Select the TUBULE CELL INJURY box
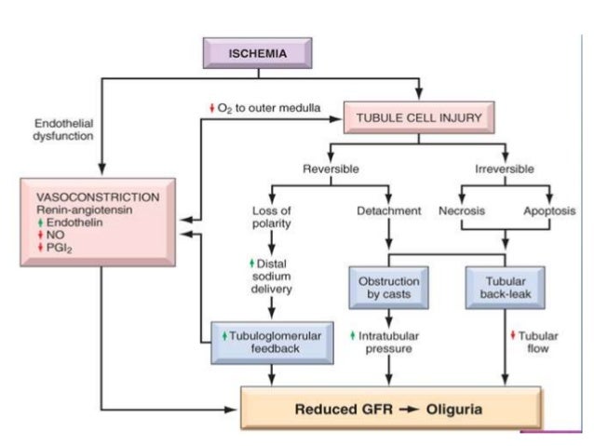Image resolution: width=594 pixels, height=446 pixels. click(420, 118)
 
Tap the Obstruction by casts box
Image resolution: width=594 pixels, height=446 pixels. click(388, 288)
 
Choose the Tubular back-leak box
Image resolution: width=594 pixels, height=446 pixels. click(505, 288)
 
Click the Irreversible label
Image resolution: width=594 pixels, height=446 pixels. click(505, 169)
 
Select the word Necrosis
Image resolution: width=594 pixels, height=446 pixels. click(462, 210)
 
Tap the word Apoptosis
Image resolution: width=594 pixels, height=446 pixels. click(550, 210)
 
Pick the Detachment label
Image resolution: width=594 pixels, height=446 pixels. click(389, 210)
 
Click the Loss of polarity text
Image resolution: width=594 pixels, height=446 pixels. click(272, 217)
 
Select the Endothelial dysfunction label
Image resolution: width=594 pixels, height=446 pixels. click(64, 128)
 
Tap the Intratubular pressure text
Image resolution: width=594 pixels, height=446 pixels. click(388, 341)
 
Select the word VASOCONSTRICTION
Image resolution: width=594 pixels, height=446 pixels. click(97, 197)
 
